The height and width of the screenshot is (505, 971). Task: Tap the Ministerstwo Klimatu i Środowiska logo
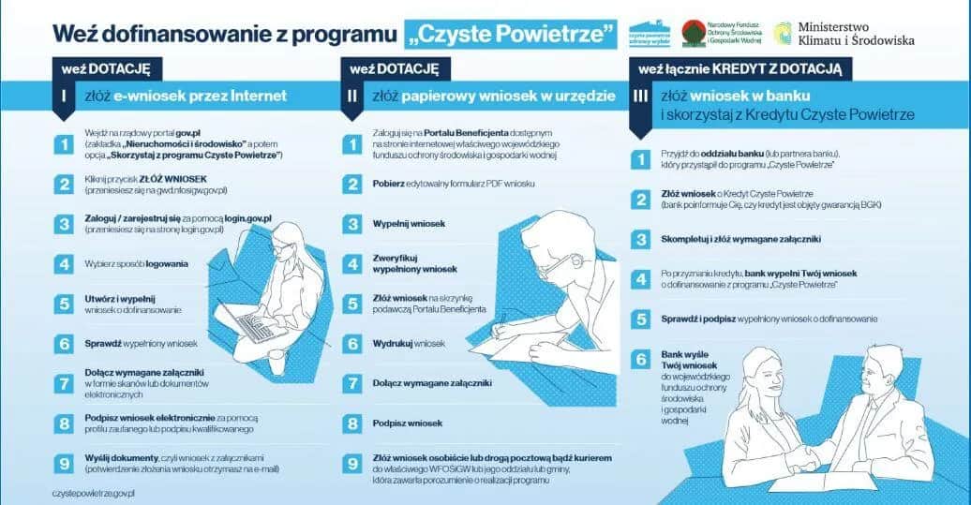pos(843,34)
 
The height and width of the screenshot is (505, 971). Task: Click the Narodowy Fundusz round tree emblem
pos(694,34)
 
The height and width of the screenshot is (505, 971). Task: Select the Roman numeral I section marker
pos(62,96)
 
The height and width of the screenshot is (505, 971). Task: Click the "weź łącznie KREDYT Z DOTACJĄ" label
pos(740,68)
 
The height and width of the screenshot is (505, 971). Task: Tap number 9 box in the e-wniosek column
pos(63,463)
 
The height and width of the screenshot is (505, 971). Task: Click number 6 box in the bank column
pos(640,358)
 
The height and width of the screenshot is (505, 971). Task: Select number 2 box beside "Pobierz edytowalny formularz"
pos(352,185)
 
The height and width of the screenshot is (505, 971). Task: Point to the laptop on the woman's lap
pos(253,322)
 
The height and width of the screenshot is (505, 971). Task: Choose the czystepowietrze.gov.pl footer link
pos(94,492)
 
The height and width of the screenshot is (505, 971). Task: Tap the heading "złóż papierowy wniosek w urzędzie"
pos(493,96)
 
